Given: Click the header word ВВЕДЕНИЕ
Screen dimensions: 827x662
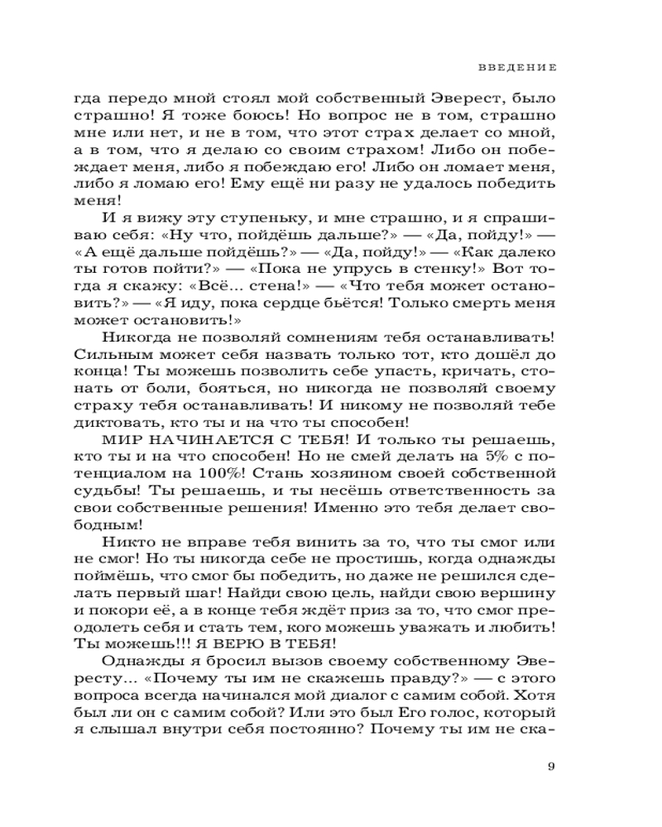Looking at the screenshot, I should (x=517, y=65).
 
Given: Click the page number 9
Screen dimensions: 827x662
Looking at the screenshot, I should (x=551, y=765).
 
